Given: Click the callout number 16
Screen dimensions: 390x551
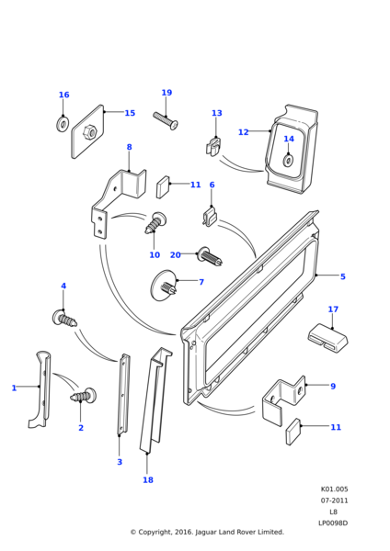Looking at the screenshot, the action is pos(63,95).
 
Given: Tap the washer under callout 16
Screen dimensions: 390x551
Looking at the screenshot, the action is pos(63,124).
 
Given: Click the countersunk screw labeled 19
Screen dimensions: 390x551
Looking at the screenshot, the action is pos(166,120).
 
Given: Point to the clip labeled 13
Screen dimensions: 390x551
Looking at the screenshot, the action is pos(213,147).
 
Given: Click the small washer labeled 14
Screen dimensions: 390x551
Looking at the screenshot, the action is pos(288,161).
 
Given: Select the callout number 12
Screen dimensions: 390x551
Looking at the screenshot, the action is pos(243,132).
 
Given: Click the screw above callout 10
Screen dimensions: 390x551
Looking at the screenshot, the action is pos(155,223).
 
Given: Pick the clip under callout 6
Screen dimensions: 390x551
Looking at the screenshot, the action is pos(210,218).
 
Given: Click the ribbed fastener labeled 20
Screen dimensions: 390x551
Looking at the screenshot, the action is pos(211,257).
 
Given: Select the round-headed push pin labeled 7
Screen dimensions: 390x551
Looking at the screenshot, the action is pos(164,286).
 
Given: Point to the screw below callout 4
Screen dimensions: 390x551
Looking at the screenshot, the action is pos(64,318).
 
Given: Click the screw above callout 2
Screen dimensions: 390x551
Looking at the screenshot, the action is pos(84,396).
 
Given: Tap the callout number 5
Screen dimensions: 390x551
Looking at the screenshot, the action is pos(343,276).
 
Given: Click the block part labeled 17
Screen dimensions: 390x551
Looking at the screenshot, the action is pos(328,338).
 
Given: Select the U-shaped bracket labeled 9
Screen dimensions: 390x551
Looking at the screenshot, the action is pos(283,400).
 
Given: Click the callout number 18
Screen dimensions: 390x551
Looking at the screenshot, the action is pos(148,479).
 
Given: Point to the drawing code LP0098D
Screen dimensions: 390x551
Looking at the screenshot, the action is pos(333,523).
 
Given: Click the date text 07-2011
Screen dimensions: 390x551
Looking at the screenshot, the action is pos(334,500).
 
